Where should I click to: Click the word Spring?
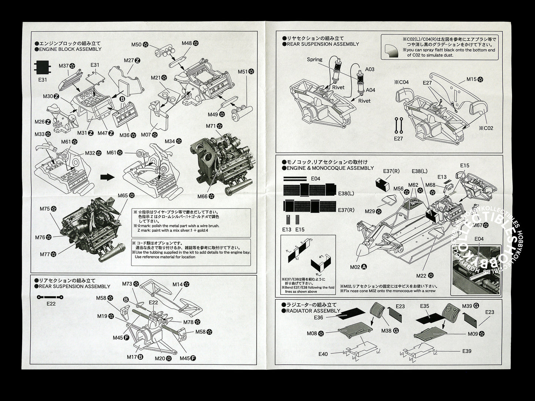(x=314, y=59)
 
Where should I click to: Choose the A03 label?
(x=370, y=69)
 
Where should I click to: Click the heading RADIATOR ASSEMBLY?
(x=314, y=311)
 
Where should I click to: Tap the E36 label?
(x=318, y=317)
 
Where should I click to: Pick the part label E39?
(x=467, y=351)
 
